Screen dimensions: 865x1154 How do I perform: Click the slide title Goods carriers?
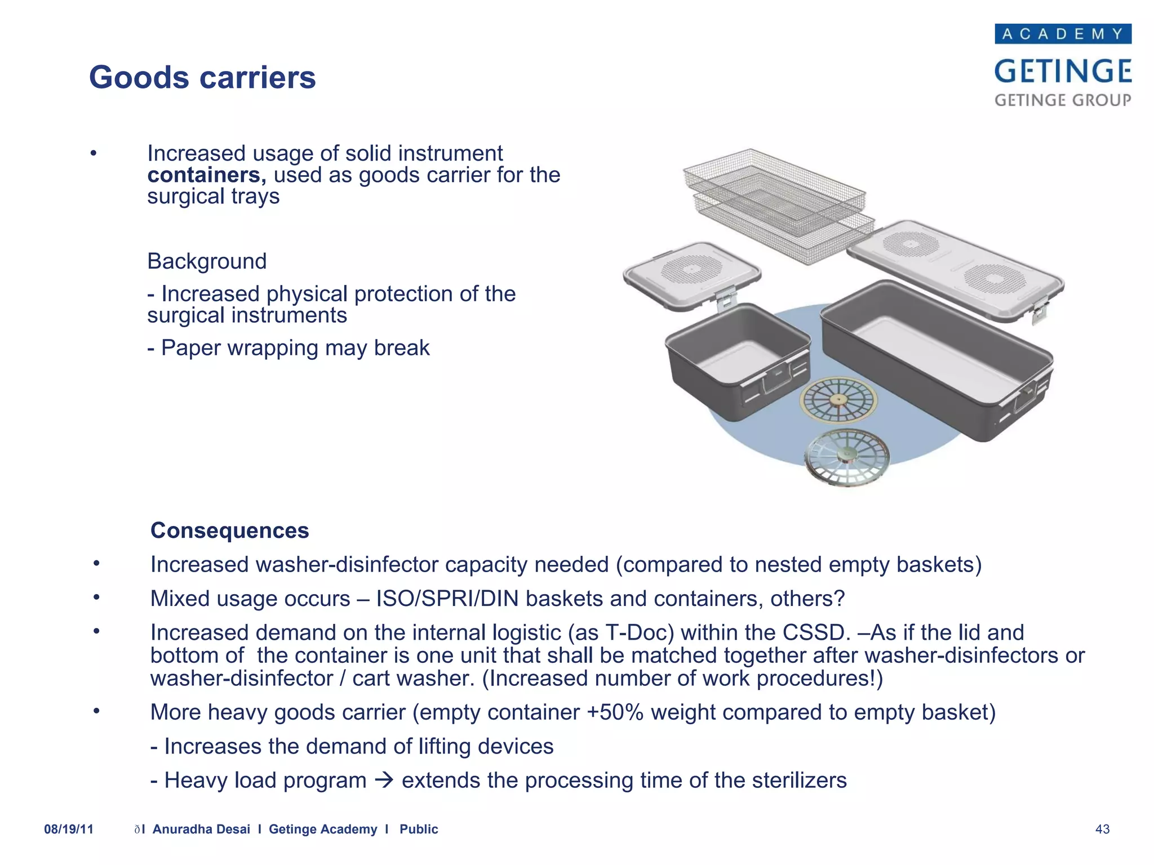[x=202, y=77]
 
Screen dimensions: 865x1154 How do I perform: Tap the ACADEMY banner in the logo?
[x=1063, y=34]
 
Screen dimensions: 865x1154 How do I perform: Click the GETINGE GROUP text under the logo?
[x=1063, y=100]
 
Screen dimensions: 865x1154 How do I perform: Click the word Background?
[x=207, y=261]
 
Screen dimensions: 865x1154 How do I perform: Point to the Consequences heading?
[x=229, y=530]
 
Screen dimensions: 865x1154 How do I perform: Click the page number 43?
[x=1102, y=829]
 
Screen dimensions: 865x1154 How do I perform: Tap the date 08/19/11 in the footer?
[x=69, y=829]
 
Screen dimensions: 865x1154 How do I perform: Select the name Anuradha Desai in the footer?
[x=201, y=829]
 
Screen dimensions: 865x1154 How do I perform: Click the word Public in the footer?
[x=419, y=829]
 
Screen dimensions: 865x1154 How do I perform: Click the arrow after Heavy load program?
[x=384, y=781]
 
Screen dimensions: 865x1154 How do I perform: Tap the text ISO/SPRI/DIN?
[x=447, y=599]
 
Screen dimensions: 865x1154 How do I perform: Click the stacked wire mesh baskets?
[x=778, y=203]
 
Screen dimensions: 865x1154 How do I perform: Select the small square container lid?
[x=692, y=274]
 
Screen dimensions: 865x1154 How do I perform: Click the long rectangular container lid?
[x=955, y=267]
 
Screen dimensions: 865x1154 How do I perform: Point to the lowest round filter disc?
[x=846, y=457]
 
